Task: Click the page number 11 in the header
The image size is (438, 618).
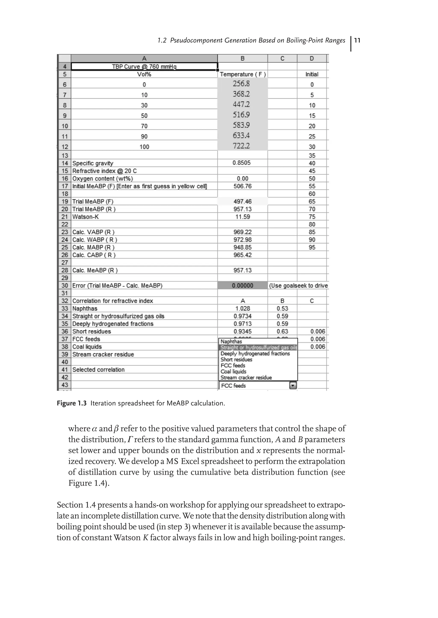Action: [x=357, y=40]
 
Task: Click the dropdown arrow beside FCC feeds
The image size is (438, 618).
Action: [x=293, y=386]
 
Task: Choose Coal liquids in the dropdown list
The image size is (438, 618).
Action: [x=233, y=371]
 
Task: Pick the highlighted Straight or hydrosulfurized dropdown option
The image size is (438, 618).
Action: [x=258, y=348]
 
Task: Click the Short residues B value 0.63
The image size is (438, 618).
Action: [x=282, y=331]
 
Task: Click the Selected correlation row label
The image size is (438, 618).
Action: [x=98, y=369]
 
